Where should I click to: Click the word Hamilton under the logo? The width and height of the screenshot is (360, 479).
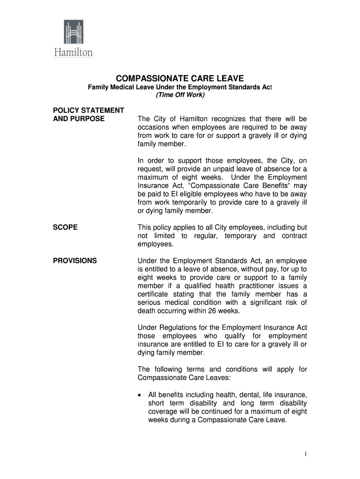point(72,52)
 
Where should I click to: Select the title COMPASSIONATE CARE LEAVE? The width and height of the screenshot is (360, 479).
point(180,78)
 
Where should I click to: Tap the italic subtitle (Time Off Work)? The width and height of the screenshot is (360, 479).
point(180,95)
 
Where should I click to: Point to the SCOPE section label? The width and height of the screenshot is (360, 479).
point(65,227)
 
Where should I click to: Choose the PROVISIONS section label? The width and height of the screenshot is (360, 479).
point(75,261)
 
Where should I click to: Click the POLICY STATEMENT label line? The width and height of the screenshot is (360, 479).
point(88,110)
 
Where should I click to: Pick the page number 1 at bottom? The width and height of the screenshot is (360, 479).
point(305,454)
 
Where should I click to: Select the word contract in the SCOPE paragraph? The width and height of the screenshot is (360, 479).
point(294,236)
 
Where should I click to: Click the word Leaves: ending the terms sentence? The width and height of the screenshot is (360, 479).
point(214,378)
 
